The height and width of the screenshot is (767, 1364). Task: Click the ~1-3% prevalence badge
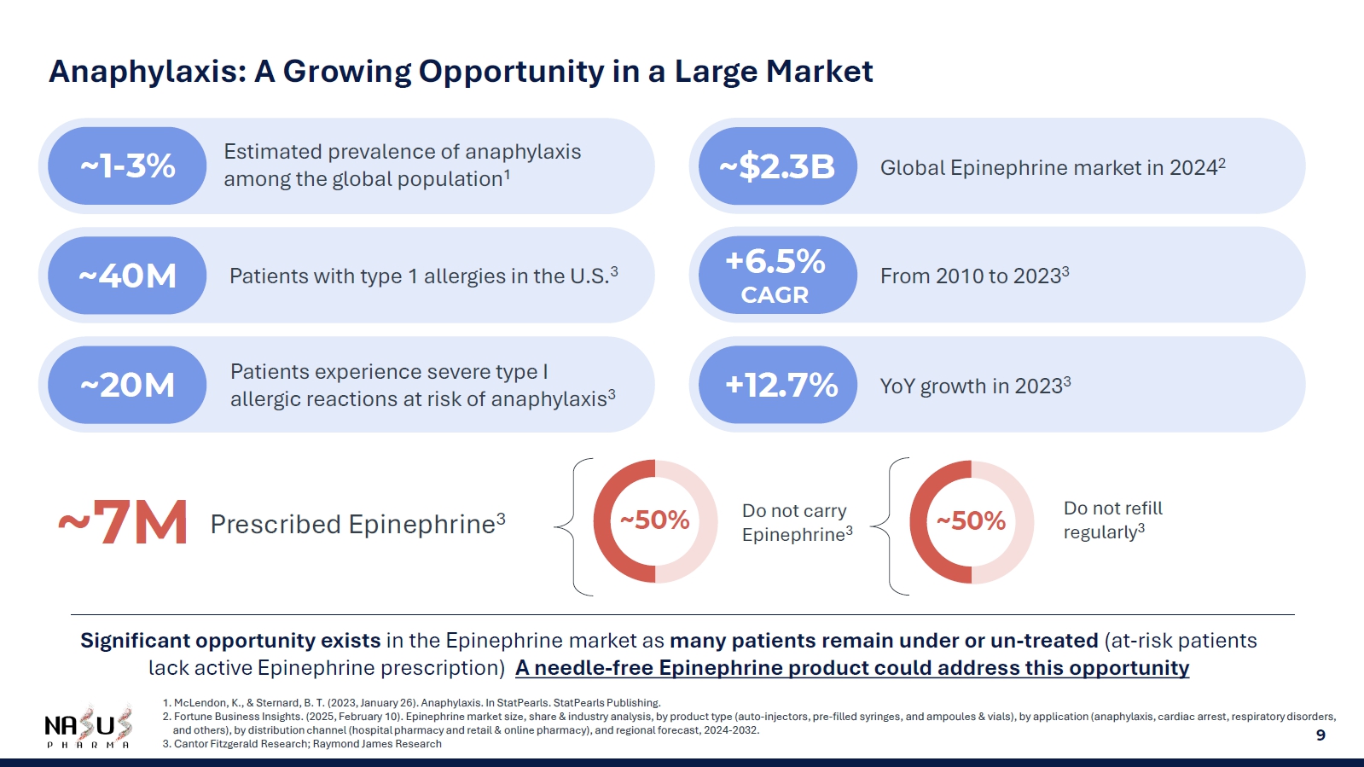click(x=127, y=166)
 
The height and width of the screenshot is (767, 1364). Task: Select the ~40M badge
click(x=127, y=276)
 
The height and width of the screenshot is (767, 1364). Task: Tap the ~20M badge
click(x=127, y=385)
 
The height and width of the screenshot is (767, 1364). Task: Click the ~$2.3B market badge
click(x=777, y=166)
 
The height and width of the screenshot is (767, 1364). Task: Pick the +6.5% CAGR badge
click(x=777, y=275)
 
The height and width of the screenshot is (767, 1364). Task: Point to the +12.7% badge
click(x=777, y=385)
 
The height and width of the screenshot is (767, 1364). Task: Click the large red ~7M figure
click(x=123, y=522)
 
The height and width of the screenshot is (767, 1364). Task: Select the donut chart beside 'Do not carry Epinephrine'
click(x=655, y=521)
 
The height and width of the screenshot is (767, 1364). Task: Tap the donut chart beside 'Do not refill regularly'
click(x=972, y=522)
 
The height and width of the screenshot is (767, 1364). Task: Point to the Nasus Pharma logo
click(x=88, y=728)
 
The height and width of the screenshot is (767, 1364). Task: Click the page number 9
click(x=1320, y=735)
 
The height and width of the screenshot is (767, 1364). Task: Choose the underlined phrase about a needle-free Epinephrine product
click(x=852, y=668)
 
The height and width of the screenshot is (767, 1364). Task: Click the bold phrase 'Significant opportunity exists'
click(x=230, y=641)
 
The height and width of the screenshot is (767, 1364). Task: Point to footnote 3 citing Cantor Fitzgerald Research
click(x=303, y=744)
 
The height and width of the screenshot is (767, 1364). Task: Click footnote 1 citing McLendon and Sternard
click(x=412, y=703)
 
